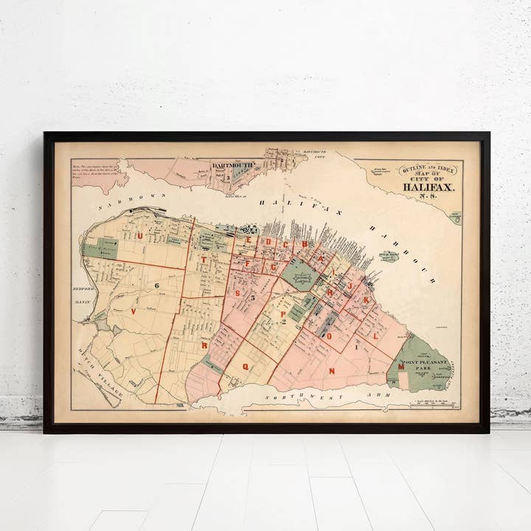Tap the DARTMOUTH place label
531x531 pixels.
[x=233, y=166]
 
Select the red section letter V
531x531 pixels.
[x=133, y=311]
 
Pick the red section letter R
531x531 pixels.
[x=204, y=344]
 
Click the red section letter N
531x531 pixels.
[x=332, y=370]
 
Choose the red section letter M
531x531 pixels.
[x=400, y=367]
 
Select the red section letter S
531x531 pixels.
[x=237, y=293]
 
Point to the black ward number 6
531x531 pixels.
[x=157, y=285]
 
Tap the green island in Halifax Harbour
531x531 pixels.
[x=389, y=256]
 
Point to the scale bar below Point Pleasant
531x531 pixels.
[x=435, y=404]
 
